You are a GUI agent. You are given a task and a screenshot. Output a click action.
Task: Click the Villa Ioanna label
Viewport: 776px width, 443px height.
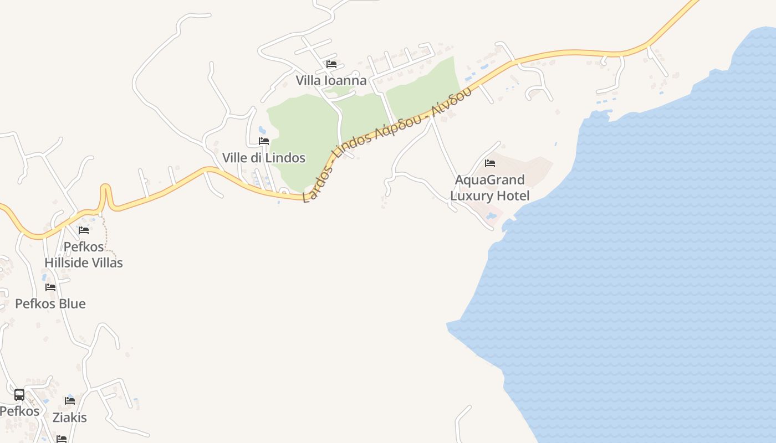point(331,81)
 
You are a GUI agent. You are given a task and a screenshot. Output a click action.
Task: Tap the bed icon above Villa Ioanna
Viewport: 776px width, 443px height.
point(331,64)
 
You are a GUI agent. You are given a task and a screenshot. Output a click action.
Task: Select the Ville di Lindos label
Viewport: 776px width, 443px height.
point(264,158)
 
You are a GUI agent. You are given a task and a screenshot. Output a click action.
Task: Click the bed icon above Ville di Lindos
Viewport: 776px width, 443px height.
point(264,141)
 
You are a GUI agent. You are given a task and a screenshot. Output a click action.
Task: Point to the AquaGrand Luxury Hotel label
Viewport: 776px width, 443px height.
point(490,188)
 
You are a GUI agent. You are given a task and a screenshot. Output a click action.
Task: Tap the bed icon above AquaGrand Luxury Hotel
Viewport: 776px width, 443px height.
point(490,163)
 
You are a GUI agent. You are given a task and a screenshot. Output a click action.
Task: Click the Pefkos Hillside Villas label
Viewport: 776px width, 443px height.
point(84,255)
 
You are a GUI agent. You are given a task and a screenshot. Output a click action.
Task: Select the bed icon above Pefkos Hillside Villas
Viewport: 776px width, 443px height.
point(84,230)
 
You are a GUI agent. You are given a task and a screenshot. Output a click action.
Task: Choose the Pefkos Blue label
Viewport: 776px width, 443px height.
point(50,304)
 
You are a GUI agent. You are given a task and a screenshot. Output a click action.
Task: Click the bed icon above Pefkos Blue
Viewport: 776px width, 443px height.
point(50,287)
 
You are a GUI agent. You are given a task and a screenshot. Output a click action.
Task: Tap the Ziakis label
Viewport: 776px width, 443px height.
point(70,418)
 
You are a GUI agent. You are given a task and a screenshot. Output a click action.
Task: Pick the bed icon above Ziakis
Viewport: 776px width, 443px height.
point(70,400)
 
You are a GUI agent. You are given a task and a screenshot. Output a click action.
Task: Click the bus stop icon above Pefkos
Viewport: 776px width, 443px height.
point(19,395)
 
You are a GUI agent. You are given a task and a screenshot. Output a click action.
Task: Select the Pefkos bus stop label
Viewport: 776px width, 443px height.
point(20,411)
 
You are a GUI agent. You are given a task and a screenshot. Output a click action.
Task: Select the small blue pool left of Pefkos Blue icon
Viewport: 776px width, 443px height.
point(44,277)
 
